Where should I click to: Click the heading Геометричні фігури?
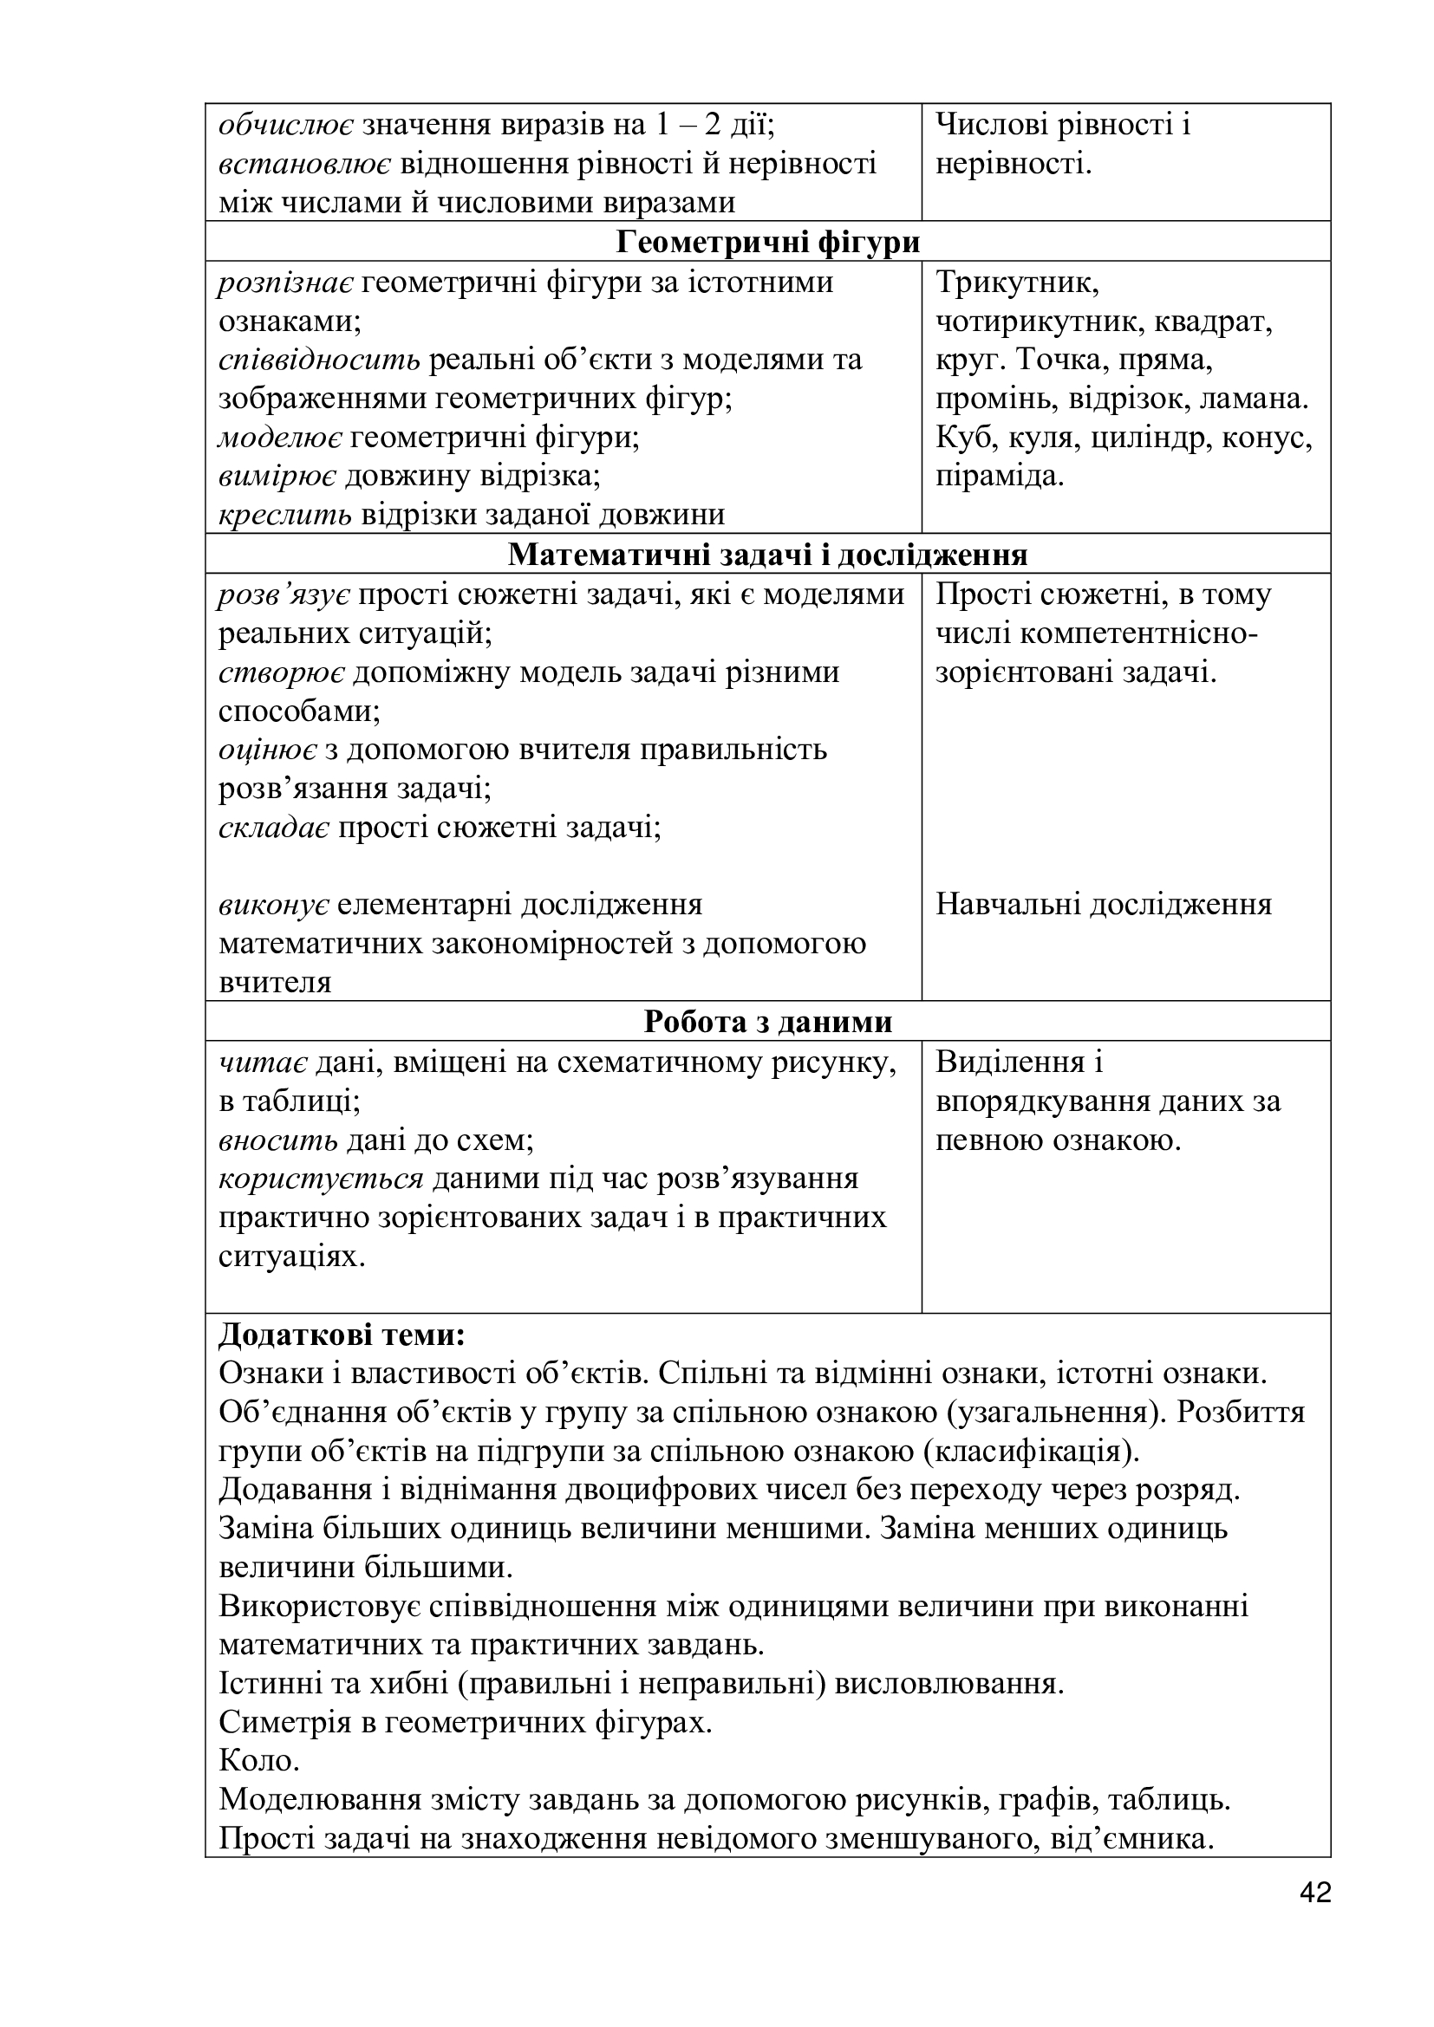[x=767, y=242]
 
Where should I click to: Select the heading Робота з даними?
[x=767, y=1022]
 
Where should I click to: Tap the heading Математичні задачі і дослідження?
[x=767, y=555]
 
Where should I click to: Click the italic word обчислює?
[x=286, y=126]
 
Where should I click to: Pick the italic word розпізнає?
[x=286, y=283]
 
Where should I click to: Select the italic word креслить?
[x=285, y=515]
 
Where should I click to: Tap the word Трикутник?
[x=1016, y=283]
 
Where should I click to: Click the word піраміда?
[x=999, y=476]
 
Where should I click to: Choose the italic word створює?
[x=282, y=672]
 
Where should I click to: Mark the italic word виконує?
[x=274, y=905]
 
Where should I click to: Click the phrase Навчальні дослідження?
[x=1103, y=905]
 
